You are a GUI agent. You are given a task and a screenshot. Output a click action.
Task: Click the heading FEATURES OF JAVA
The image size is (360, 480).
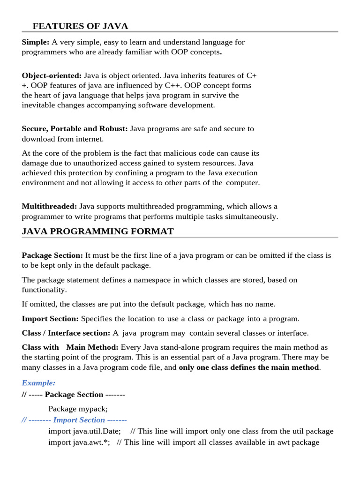click(80, 26)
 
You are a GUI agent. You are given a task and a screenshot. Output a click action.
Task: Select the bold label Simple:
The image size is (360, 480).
click(36, 42)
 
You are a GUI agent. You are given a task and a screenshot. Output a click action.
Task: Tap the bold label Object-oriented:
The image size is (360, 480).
click(52, 75)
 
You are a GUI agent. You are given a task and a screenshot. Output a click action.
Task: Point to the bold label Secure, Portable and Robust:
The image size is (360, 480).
click(75, 128)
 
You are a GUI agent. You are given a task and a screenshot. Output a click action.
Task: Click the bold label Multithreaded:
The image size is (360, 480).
click(49, 206)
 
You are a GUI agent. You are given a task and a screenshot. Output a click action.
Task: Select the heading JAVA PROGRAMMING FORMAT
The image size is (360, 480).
click(97, 232)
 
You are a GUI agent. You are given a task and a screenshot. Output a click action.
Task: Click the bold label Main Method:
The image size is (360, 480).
click(92, 347)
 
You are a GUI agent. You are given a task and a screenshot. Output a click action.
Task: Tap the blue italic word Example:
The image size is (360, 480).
click(38, 383)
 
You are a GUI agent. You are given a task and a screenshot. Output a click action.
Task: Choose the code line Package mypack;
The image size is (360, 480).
click(78, 408)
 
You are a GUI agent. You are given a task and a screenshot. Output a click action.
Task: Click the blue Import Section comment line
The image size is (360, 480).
click(75, 420)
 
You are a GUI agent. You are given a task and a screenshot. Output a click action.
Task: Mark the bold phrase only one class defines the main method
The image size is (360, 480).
click(249, 367)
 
